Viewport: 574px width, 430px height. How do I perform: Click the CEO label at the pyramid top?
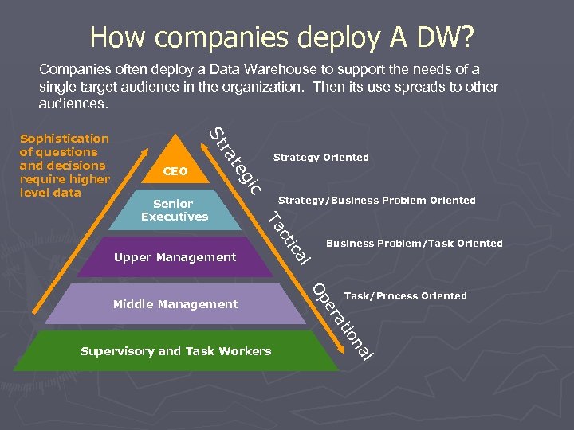(x=175, y=171)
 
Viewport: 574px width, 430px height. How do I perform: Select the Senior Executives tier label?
(x=175, y=210)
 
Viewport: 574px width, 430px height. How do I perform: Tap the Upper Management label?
(x=175, y=257)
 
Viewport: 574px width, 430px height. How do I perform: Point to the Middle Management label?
(x=175, y=304)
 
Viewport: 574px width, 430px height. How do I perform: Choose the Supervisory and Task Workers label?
(x=176, y=351)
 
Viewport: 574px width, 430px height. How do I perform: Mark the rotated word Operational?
(x=342, y=319)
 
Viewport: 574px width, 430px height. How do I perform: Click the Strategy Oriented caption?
(x=320, y=158)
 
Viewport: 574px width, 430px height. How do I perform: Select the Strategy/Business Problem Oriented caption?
(x=376, y=201)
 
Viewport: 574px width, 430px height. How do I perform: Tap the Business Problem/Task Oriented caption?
(x=414, y=244)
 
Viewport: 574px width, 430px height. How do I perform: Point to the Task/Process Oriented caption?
(x=405, y=296)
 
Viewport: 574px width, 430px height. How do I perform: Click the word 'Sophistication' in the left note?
(x=64, y=139)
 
